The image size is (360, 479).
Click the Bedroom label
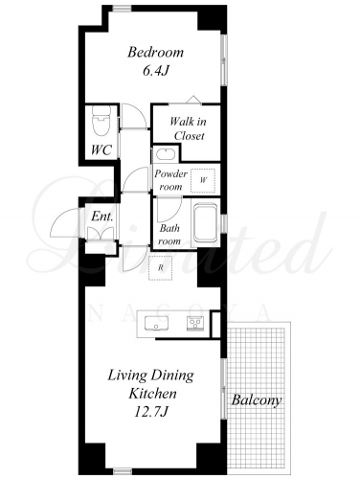155,53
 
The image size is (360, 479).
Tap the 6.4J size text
155,71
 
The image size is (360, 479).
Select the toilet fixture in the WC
101,121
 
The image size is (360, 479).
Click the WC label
101,149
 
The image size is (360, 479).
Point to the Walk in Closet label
189,128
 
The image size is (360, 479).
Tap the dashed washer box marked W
203,180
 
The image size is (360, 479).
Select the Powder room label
170,180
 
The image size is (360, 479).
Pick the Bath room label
169,235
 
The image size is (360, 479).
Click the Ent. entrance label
102,217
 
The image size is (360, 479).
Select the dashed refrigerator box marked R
161,268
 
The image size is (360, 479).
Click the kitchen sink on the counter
156,323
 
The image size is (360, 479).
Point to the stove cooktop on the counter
195,323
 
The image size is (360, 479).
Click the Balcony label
257,400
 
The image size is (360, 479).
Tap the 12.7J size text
150,413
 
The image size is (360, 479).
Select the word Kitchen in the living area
152,394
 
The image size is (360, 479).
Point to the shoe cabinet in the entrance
101,233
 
